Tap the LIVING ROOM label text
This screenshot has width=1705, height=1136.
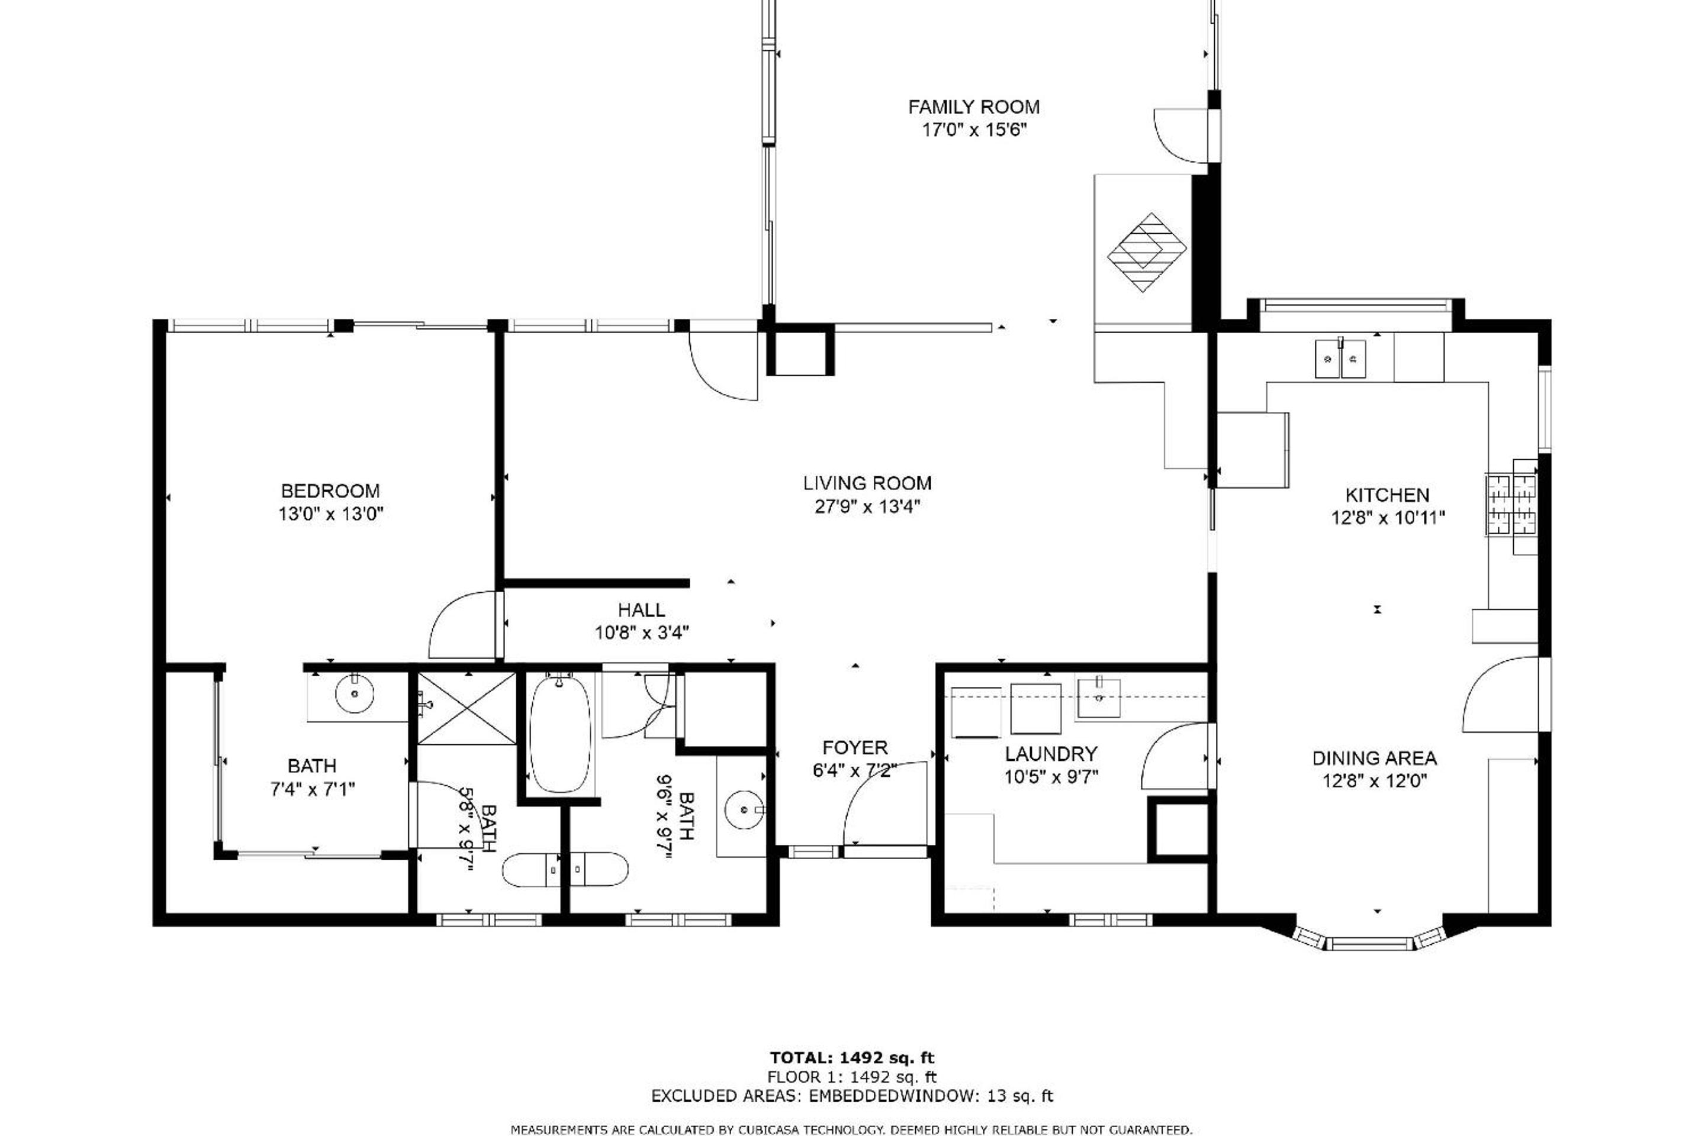point(867,483)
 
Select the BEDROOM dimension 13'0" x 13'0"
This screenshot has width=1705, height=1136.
point(330,514)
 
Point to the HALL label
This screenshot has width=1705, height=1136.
point(642,610)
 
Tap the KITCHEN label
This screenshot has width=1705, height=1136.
point(1388,496)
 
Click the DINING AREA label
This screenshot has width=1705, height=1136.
point(1375,759)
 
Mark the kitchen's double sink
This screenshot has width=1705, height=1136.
point(1340,359)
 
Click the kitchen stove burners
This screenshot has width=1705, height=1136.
point(1511,505)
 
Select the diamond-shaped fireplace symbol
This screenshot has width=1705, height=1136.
point(1147,252)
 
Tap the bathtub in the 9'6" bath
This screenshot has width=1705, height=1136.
point(561,734)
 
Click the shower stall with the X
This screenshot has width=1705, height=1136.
point(468,708)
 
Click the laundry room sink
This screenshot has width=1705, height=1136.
point(1099,698)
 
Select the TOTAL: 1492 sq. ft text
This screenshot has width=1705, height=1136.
point(852,1058)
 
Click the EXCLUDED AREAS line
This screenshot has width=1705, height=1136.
point(852,1096)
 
